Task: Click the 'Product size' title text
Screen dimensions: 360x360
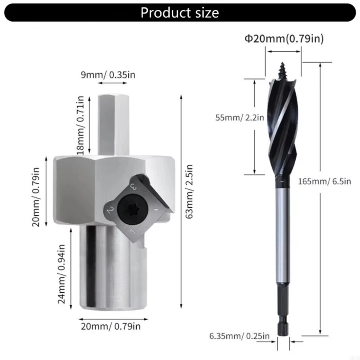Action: tap(179, 13)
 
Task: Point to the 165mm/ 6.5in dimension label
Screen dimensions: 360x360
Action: tap(324, 181)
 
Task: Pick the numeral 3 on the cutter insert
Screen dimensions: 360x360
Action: tap(134, 186)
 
